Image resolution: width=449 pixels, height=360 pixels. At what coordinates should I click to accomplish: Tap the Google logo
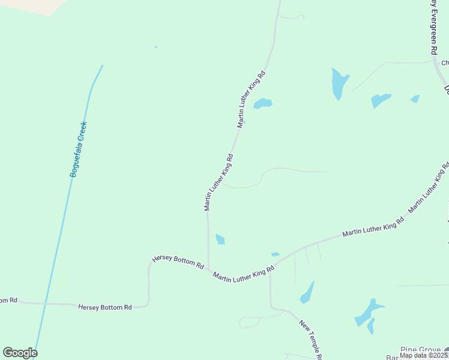(x=20, y=353)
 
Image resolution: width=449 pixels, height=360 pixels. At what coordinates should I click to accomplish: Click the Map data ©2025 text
(x=424, y=355)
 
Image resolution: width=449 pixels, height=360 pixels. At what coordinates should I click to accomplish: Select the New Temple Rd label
(x=312, y=340)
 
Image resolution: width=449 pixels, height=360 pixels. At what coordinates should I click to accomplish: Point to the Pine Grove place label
(x=421, y=349)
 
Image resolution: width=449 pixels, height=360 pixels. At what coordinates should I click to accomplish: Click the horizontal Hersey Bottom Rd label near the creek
(x=105, y=307)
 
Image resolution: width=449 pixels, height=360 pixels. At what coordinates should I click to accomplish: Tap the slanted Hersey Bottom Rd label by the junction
(x=178, y=262)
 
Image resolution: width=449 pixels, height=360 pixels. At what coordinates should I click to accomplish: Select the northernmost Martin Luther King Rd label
(x=251, y=99)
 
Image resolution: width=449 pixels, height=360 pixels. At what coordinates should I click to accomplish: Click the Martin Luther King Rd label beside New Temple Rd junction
(x=244, y=275)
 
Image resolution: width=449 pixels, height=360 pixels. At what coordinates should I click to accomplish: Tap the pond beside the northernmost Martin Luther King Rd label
(x=262, y=103)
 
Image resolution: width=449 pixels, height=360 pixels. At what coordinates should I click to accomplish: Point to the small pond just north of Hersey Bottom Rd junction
(x=220, y=239)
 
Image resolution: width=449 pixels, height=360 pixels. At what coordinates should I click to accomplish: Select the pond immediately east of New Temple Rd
(x=307, y=293)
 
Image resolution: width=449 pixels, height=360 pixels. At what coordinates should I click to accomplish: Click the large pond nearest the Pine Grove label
(x=367, y=312)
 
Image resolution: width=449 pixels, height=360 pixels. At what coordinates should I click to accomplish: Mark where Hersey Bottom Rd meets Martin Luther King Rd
(x=208, y=269)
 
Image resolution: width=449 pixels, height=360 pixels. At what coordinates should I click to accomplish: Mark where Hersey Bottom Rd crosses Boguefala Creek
(x=44, y=304)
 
